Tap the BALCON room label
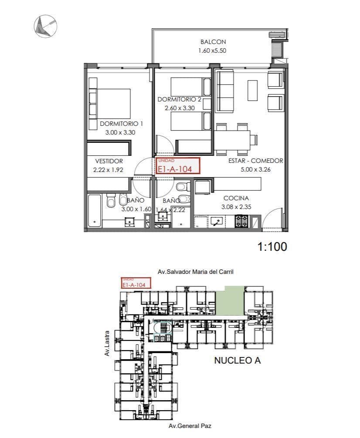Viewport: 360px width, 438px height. pos(213,42)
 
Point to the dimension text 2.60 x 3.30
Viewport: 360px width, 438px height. pos(180,108)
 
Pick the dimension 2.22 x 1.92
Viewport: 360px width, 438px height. pos(108,170)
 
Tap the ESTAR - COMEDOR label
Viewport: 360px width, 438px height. pos(255,161)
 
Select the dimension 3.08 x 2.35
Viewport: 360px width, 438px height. pos(236,207)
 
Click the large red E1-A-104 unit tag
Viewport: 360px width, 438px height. pos(178,166)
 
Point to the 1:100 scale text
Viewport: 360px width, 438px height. pos(272,247)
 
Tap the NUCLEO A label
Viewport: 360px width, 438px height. pos(237,361)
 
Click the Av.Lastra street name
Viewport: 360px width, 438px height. pos(107,347)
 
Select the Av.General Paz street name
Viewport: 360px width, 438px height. pos(190,426)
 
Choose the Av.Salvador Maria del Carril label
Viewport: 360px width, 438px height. pos(196,272)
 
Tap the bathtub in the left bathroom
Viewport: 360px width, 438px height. pos(95,211)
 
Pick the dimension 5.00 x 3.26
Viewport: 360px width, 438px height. pos(255,170)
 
